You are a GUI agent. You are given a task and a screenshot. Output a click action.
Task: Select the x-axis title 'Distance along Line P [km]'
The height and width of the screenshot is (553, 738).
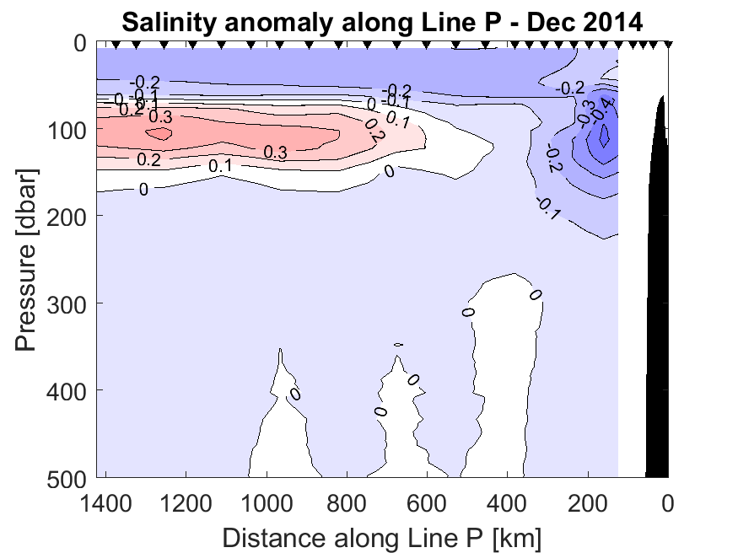[x=382, y=536]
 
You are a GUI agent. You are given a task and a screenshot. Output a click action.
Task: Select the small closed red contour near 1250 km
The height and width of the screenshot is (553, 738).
[x=159, y=132]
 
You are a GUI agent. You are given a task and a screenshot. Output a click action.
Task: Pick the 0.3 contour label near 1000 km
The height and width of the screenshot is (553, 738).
[x=275, y=153]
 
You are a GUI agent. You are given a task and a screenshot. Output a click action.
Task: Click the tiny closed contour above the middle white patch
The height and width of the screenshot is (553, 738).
[x=399, y=344]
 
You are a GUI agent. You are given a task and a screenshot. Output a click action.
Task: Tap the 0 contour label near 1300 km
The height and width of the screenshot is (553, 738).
[x=143, y=190]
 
